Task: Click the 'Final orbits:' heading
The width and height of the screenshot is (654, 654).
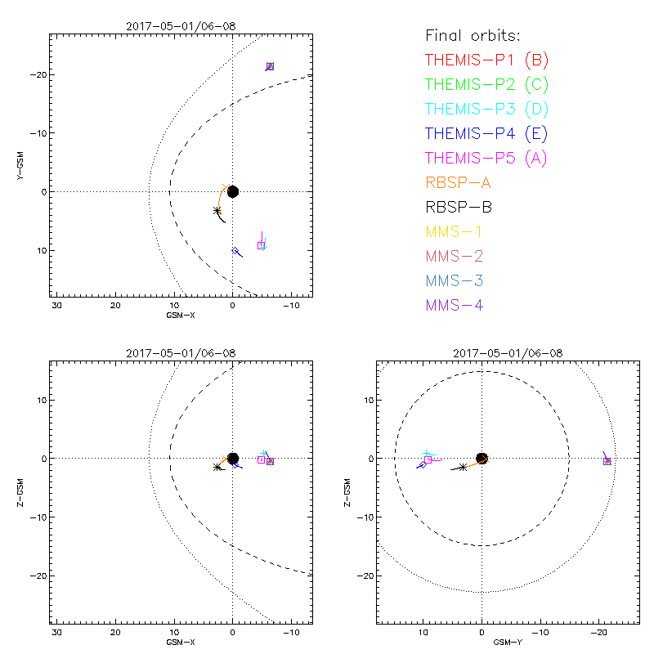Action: coord(473,35)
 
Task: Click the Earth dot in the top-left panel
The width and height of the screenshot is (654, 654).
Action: coord(233,191)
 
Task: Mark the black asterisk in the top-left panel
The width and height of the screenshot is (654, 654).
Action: coord(217,210)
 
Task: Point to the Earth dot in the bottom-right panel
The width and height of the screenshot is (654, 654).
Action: coord(482,459)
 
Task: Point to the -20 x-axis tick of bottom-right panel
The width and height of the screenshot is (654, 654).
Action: coord(599,633)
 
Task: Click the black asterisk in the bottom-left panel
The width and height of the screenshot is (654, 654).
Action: coord(217,467)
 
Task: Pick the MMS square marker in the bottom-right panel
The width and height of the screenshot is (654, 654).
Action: coord(607,462)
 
